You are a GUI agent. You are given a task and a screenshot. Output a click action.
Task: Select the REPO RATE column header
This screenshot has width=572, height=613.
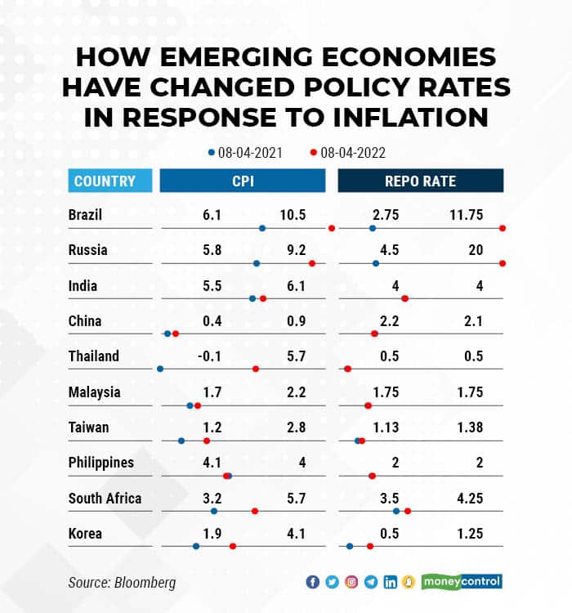tap(421, 181)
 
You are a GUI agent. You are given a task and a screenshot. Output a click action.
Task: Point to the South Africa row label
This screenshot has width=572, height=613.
tap(105, 498)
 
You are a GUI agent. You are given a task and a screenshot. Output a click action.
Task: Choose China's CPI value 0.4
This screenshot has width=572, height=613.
tap(212, 321)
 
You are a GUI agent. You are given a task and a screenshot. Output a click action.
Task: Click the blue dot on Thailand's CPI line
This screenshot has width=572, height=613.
tap(160, 369)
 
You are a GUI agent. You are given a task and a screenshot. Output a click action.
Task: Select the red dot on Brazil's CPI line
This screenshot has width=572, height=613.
tap(332, 228)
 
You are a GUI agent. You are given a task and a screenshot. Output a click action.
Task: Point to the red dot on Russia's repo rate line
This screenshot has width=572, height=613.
tap(503, 263)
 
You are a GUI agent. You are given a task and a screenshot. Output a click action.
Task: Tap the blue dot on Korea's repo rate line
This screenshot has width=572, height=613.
tap(350, 546)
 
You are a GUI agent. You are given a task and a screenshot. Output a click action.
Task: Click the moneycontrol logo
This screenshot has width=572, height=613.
tap(462, 582)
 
